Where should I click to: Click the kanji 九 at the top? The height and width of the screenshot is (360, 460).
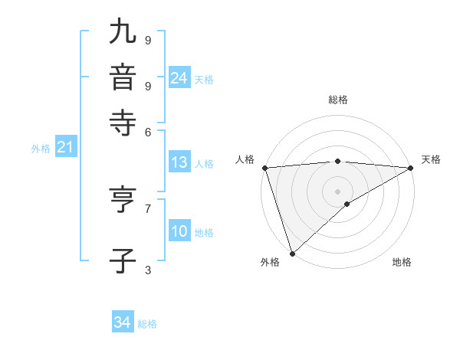click(x=123, y=33)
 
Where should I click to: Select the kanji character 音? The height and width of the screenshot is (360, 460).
click(x=123, y=78)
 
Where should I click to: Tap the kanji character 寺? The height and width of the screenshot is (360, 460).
click(x=123, y=123)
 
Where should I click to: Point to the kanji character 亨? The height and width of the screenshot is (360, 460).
click(x=123, y=201)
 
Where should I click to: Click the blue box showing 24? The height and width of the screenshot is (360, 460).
click(x=179, y=78)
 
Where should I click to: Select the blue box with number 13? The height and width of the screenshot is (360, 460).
click(x=179, y=162)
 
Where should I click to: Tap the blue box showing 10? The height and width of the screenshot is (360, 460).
click(x=179, y=232)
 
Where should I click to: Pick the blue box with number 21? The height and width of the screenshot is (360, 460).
click(x=64, y=147)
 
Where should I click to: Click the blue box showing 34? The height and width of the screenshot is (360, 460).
click(x=122, y=322)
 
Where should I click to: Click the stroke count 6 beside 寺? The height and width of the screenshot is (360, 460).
click(x=147, y=131)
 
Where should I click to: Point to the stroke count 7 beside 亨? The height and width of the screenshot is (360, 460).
click(x=147, y=208)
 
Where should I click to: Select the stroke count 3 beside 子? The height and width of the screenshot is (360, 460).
click(x=147, y=269)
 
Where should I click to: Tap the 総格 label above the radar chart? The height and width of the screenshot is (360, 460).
click(x=337, y=100)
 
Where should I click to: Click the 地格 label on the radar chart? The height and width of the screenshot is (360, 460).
click(x=402, y=263)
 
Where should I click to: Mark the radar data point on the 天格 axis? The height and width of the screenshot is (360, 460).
click(x=411, y=168)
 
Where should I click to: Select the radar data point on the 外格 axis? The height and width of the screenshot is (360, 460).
click(x=292, y=253)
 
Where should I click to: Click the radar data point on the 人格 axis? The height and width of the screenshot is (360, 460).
click(x=264, y=168)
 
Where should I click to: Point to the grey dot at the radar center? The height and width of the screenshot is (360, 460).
click(x=337, y=191)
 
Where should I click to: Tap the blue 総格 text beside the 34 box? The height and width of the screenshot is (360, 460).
click(x=147, y=324)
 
